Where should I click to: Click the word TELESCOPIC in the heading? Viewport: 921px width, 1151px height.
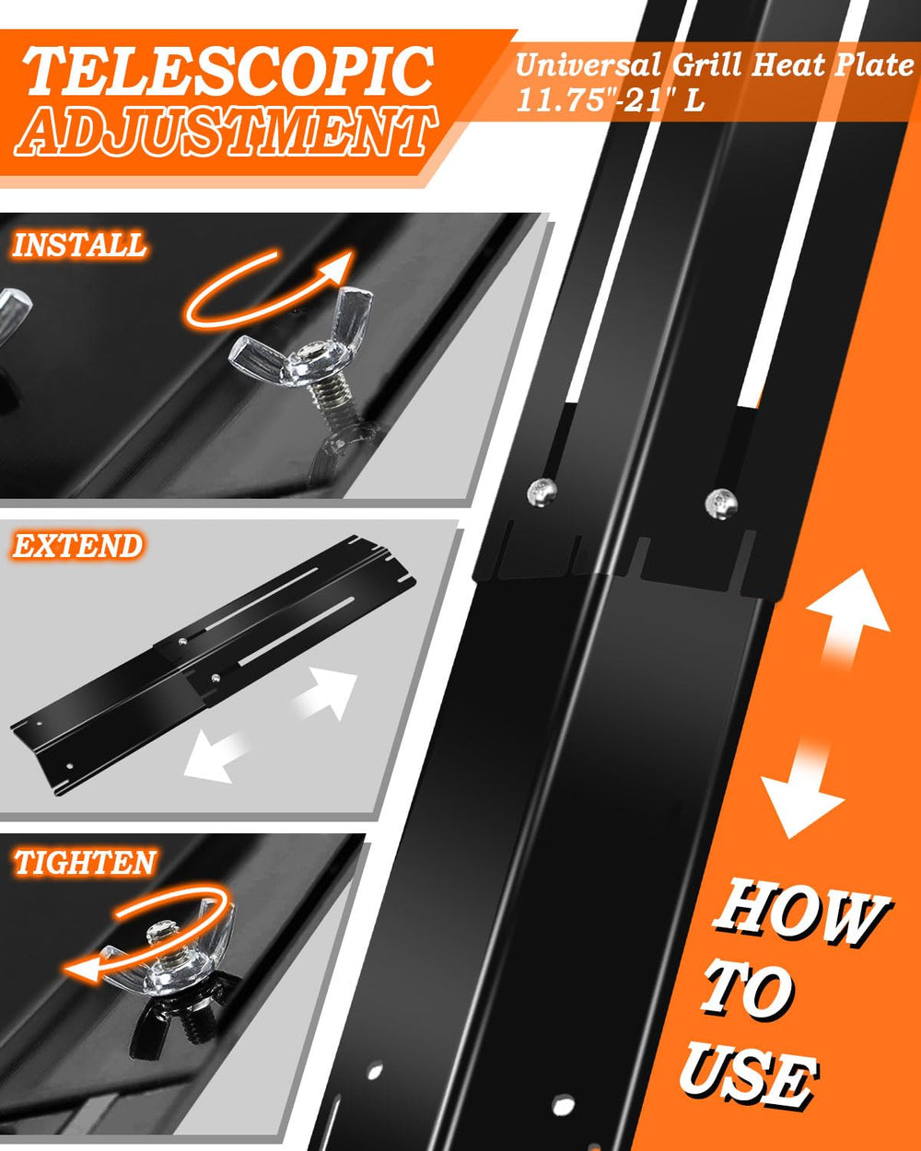(227, 71)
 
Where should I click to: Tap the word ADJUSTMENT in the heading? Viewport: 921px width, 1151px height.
(226, 131)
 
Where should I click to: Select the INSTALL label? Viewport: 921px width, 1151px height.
(78, 245)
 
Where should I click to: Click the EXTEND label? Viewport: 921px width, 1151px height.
(77, 545)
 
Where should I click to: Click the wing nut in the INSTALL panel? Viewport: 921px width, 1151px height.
(299, 348)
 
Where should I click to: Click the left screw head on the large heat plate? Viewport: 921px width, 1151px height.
(542, 491)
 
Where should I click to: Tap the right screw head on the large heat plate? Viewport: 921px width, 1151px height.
(721, 504)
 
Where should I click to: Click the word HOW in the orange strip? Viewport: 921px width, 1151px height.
(800, 915)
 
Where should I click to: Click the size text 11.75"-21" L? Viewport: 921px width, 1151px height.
(610, 99)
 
